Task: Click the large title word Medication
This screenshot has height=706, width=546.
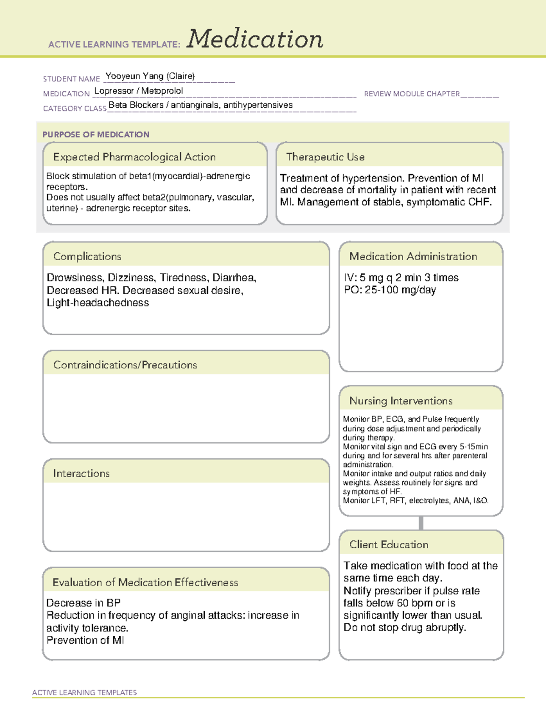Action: pos(255,39)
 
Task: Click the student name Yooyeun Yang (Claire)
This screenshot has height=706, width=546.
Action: pos(150,76)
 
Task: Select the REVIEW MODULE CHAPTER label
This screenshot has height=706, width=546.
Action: pos(412,94)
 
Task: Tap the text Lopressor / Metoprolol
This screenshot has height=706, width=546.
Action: pos(139,91)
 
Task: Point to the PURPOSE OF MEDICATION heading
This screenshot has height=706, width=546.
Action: pos(96,135)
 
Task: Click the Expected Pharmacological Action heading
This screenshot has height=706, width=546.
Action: pos(134,157)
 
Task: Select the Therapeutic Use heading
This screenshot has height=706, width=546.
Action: pos(325,157)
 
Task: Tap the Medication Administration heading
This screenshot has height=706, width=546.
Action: pos(413,256)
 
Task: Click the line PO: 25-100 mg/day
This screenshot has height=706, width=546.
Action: pos(390,290)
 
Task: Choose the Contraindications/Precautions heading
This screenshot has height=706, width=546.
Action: pos(125,365)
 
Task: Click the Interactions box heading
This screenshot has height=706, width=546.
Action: pos(81,474)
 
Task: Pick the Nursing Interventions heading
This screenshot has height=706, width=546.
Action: pos(401,401)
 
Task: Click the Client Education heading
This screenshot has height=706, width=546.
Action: pos(389,545)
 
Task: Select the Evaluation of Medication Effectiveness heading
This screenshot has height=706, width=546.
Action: pos(145,582)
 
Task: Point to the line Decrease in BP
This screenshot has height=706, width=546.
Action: pos(83,603)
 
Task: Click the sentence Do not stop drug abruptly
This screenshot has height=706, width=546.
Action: pos(404,628)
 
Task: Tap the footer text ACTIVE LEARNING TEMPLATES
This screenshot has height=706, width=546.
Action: pos(85,692)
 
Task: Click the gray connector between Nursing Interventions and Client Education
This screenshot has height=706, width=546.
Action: pos(421,523)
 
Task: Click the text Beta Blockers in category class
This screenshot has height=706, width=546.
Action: pos(136,105)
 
